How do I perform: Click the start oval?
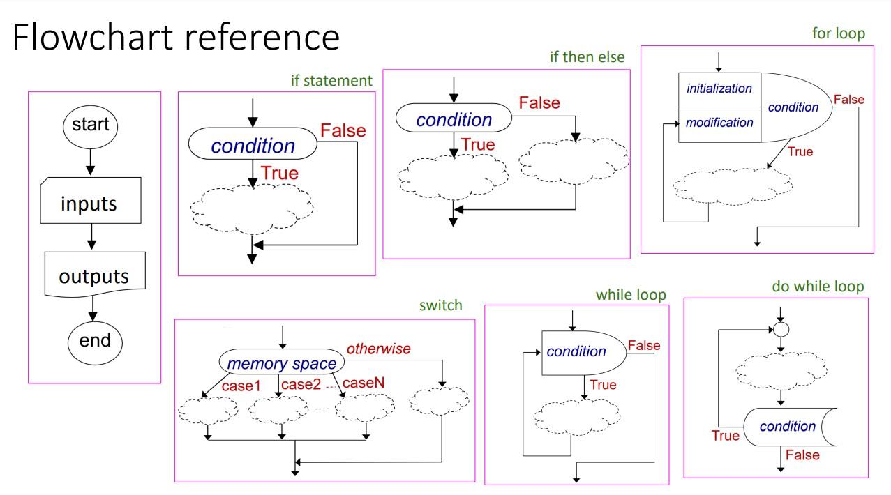coord(91,125)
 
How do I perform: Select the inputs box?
coord(89,204)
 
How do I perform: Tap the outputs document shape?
coord(94,275)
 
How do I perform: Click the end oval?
coord(94,340)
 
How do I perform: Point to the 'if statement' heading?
coord(331,81)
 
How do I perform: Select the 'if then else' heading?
coord(587,57)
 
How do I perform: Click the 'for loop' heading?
coord(838,33)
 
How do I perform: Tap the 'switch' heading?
coord(440,305)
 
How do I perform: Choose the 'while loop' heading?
coord(630,295)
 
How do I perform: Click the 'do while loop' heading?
coord(818,287)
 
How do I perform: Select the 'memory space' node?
coord(282,363)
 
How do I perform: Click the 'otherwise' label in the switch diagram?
coord(378,349)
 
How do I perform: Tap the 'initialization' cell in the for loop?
coord(719,89)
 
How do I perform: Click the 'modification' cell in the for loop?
coord(719,123)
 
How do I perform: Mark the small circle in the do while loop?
coord(781,330)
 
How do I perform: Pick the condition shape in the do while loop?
coord(787,427)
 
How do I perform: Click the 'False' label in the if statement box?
coord(343,130)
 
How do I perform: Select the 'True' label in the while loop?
coord(603,385)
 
